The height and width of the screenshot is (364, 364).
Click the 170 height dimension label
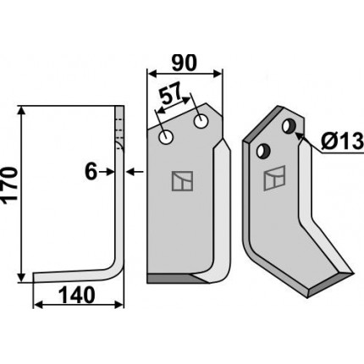(x=9, y=184)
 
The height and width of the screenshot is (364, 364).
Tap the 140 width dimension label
(x=77, y=295)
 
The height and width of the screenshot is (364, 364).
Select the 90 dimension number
(x=184, y=63)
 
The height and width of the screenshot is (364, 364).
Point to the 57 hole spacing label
(x=170, y=95)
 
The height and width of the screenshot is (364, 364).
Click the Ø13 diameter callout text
(x=342, y=141)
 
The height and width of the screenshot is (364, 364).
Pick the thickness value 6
(x=91, y=172)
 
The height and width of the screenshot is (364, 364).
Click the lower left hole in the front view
(x=166, y=137)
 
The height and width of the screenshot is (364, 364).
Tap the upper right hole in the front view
(x=201, y=121)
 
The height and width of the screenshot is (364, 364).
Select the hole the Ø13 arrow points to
(x=289, y=126)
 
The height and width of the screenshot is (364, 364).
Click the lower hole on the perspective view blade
(x=263, y=151)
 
